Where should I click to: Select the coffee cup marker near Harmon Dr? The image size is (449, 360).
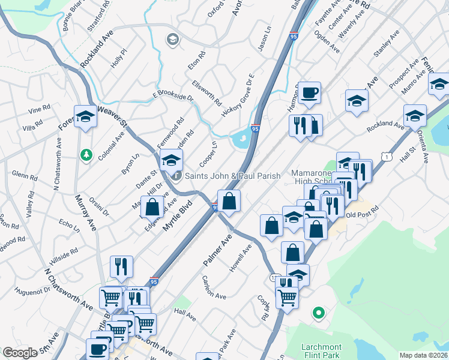coord(309,93)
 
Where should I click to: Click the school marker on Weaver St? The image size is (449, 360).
coord(85,117)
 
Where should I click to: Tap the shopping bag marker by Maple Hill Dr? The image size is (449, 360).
coord(153,208)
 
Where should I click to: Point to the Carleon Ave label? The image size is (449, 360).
coord(214,288)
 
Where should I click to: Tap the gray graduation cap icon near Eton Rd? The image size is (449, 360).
coord(172,40)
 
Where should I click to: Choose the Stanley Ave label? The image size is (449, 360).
coord(385,46)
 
